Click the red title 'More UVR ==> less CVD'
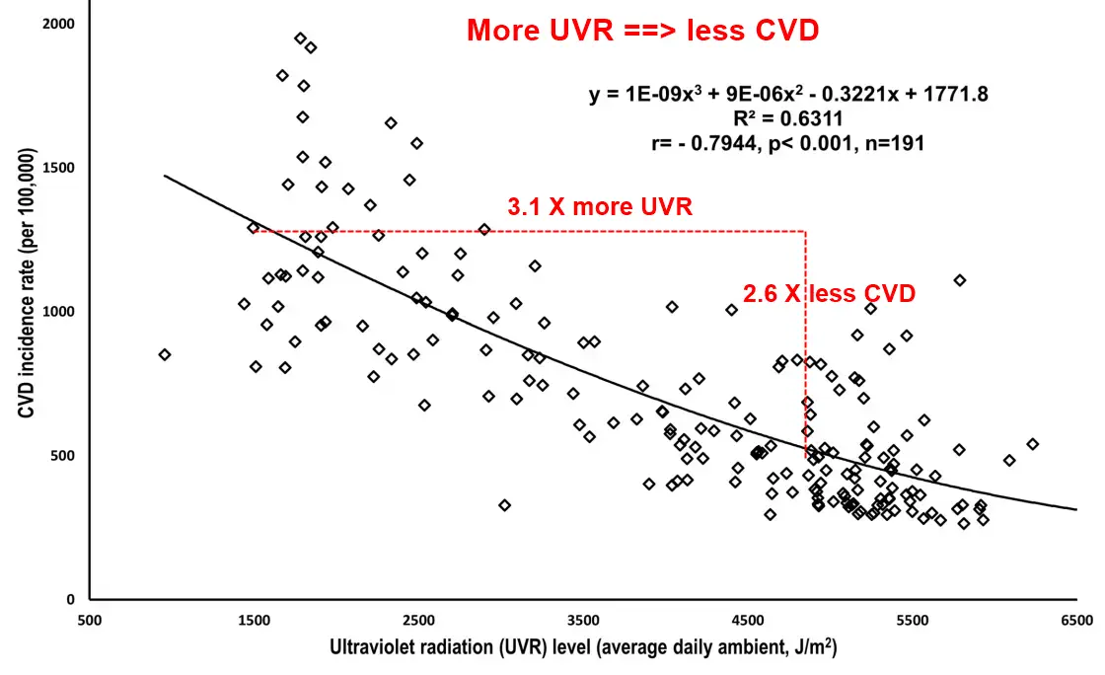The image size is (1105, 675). tap(642, 31)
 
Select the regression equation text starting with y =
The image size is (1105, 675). tap(788, 95)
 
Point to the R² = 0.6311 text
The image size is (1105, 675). tap(788, 118)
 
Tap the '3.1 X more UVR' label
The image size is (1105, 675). tap(600, 207)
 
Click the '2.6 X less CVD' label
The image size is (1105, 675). tap(830, 293)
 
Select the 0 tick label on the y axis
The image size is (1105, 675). tap(69, 600)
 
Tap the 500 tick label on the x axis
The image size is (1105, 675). tap(90, 621)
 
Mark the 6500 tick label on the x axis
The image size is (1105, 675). tap(1076, 621)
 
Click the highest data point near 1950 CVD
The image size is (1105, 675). tap(301, 38)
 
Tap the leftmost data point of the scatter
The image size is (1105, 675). tap(165, 354)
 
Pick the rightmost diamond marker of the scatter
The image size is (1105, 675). tap(1033, 444)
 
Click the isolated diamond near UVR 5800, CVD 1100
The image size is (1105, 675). tap(959, 280)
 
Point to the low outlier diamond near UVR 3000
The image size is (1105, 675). tap(504, 505)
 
